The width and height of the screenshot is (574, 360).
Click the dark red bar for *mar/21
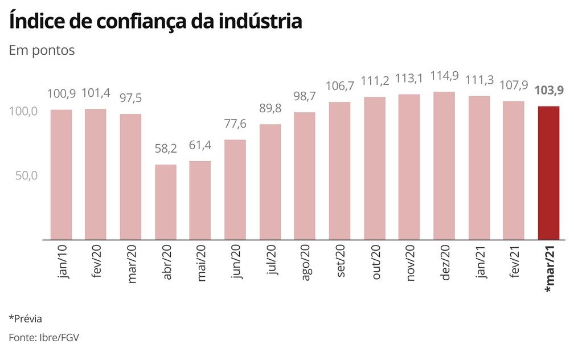549,173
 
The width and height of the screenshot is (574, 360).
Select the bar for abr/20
166,202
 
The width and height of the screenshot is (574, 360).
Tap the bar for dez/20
444,165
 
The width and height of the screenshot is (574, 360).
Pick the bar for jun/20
235,189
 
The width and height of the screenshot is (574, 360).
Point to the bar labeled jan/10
61,174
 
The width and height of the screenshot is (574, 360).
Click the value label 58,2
166,149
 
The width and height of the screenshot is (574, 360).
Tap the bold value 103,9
549,91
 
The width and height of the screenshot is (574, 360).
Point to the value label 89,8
270,109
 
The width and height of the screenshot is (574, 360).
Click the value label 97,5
130,99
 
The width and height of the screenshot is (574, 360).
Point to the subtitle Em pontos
42,50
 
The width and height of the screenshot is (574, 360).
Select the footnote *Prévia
26,318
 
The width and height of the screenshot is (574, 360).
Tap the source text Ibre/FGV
60,337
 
